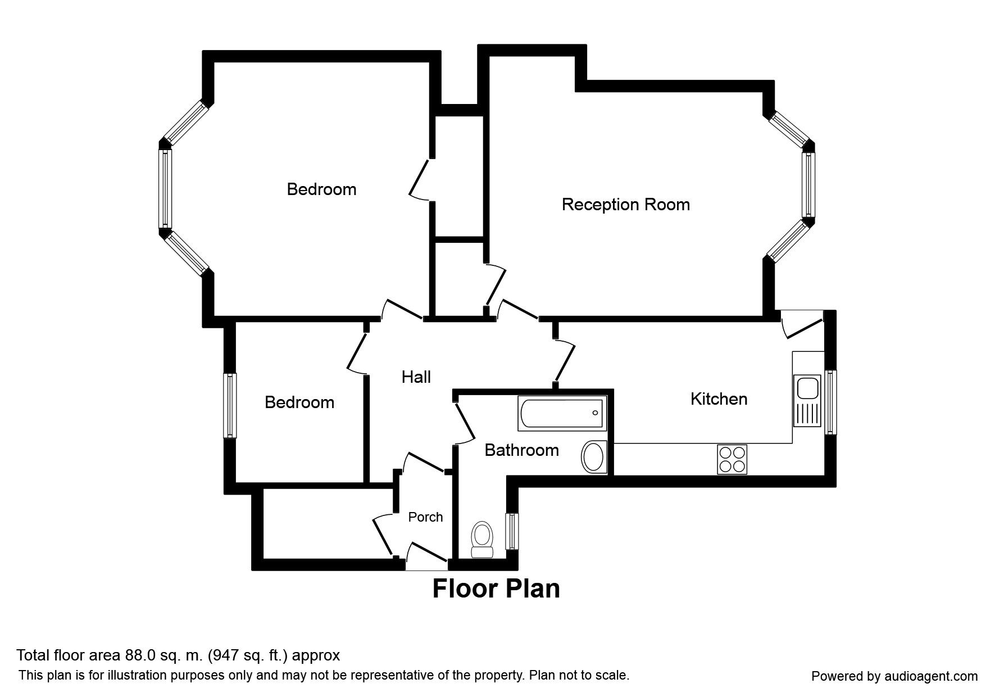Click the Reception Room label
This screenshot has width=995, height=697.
coord(625,204)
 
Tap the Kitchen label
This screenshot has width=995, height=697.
coord(719,399)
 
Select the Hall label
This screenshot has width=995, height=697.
coord(416,377)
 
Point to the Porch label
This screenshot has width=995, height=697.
coord(425,517)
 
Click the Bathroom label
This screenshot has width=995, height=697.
coord(521,450)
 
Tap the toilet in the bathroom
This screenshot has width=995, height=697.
coord(481,540)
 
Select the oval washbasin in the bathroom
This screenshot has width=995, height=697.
coord(593,456)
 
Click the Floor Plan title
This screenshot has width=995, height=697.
coord(496,589)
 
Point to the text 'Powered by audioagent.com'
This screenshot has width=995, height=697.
coord(894,676)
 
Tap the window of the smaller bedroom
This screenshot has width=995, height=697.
coord(229,405)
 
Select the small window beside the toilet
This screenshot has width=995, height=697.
coord(512,531)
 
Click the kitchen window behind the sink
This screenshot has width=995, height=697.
coord(830,401)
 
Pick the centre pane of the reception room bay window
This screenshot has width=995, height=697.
coord(808,185)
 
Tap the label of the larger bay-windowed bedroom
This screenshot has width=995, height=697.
coord(321,189)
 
